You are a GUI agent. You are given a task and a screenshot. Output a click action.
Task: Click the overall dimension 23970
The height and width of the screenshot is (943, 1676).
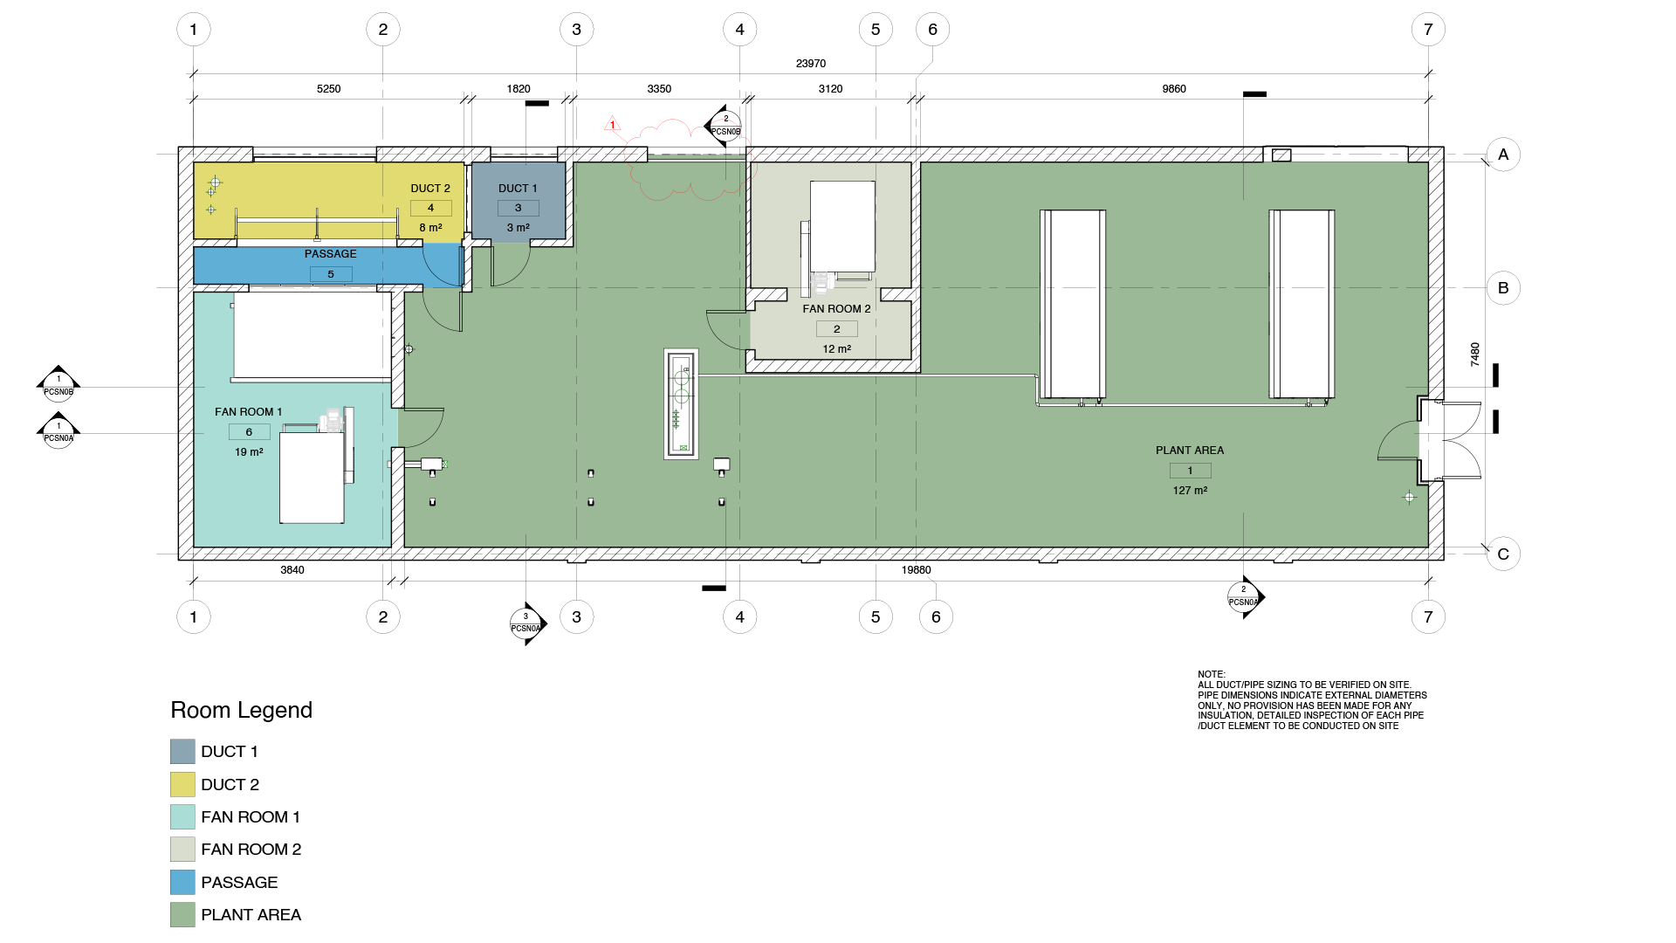(x=810, y=64)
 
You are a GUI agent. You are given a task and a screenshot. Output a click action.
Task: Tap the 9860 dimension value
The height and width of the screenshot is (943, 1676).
(x=1173, y=89)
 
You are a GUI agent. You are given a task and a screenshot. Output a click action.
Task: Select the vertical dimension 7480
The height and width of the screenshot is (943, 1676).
(x=1475, y=354)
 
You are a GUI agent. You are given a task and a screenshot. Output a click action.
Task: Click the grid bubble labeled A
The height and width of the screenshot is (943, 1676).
(x=1503, y=155)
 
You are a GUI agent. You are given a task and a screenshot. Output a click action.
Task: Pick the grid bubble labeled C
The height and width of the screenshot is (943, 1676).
(x=1503, y=554)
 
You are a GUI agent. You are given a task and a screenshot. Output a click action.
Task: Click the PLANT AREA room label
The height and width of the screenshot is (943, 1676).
(x=1190, y=451)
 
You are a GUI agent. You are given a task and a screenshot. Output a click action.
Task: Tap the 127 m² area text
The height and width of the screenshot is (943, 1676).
(x=1190, y=491)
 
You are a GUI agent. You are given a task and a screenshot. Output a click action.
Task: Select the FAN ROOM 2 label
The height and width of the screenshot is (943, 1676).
(x=836, y=309)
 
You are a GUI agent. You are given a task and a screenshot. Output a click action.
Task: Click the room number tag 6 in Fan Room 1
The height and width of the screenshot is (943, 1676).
(x=249, y=432)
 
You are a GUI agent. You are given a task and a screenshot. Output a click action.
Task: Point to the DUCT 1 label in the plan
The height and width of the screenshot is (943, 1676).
(x=518, y=189)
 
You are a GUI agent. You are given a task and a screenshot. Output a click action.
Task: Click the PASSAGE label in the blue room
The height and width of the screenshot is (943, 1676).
(x=330, y=254)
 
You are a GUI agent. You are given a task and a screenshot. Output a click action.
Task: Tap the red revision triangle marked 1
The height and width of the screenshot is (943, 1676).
(x=613, y=124)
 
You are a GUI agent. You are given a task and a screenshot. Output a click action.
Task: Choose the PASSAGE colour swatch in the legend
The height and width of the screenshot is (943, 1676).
(x=182, y=882)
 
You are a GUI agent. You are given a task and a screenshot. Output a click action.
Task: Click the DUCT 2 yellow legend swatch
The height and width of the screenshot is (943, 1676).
(x=182, y=784)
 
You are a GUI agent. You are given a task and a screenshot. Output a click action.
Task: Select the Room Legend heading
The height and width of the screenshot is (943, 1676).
(x=241, y=710)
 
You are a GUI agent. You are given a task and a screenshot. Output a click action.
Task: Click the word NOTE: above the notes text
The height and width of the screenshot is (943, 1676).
(x=1212, y=675)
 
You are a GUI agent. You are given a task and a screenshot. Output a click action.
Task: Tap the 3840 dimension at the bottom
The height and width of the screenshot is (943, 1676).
(x=292, y=570)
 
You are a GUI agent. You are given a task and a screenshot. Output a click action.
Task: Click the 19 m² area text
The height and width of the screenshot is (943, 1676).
(x=249, y=452)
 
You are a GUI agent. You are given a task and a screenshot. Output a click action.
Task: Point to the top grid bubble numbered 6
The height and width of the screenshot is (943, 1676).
(x=932, y=30)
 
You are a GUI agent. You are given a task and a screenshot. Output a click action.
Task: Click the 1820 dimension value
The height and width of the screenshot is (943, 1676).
(x=519, y=89)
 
